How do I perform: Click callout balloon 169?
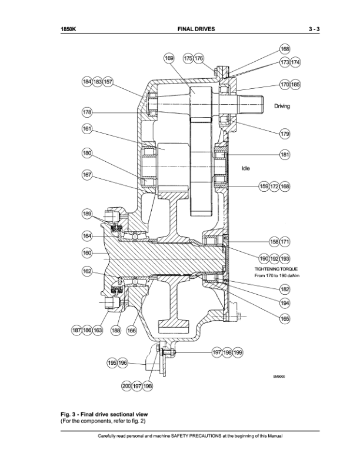click(x=169, y=58)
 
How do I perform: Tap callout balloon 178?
click(x=87, y=112)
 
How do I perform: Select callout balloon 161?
click(x=87, y=129)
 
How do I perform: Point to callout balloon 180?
click(x=87, y=153)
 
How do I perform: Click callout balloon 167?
click(x=87, y=175)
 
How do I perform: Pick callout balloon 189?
click(x=87, y=214)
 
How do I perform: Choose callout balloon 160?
click(x=87, y=253)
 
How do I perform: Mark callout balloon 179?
click(x=285, y=134)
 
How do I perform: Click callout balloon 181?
click(x=285, y=155)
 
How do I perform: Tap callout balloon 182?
click(x=285, y=289)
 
